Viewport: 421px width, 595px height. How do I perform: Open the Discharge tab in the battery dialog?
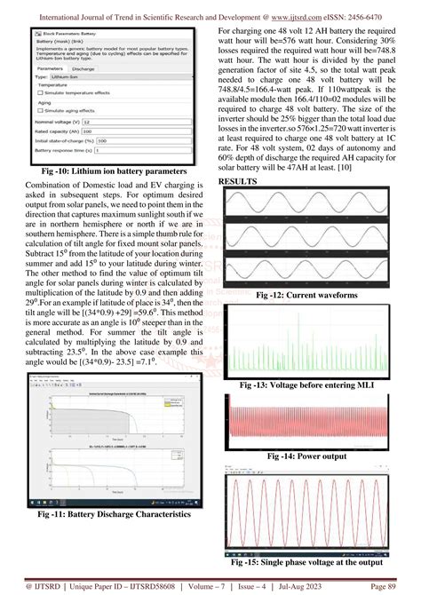click(83, 67)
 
